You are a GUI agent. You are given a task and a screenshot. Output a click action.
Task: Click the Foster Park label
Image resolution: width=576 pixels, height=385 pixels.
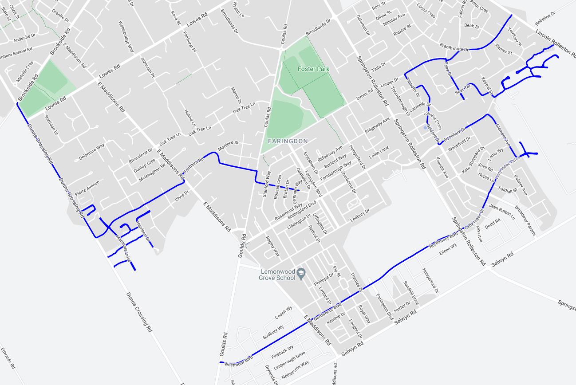(313, 69)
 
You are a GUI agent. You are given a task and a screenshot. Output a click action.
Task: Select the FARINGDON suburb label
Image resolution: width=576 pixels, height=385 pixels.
(288, 141)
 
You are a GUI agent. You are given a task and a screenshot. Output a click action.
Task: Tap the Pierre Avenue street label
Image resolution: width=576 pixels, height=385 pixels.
(87, 189)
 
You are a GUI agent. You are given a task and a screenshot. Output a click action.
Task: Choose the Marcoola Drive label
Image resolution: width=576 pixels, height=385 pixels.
(123, 247)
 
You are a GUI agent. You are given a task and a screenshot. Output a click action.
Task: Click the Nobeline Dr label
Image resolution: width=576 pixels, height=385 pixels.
(545, 20)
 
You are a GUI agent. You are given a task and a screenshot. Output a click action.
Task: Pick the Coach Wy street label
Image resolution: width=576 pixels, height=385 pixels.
(284, 312)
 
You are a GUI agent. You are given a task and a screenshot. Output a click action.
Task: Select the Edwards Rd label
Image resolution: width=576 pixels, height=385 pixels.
(8, 358)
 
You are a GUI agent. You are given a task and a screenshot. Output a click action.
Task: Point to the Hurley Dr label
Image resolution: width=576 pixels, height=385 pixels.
(402, 306)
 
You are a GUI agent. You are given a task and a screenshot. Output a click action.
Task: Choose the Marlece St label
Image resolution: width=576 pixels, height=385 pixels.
(228, 146)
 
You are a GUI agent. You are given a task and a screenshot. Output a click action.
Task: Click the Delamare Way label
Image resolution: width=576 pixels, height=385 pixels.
(92, 151)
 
